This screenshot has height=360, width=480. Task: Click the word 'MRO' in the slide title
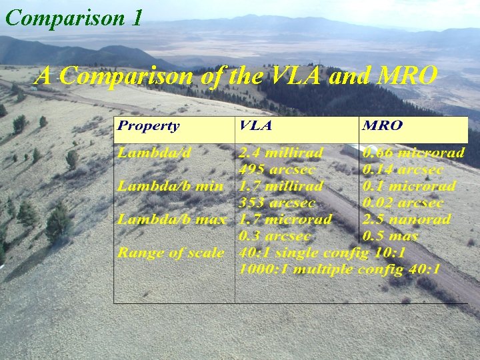coord(407,76)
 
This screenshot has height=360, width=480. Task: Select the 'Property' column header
coord(149,126)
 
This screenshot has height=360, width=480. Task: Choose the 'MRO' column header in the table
coord(383,126)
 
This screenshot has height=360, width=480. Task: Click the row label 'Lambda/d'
coord(155,153)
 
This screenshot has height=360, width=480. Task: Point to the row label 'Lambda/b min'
coord(171,186)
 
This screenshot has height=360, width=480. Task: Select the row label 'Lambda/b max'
coord(172,219)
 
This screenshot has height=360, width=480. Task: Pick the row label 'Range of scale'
coord(171,253)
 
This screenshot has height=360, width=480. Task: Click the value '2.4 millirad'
coord(282,153)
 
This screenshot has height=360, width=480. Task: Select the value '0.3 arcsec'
coord(274,236)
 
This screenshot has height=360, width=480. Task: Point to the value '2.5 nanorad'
coord(407,219)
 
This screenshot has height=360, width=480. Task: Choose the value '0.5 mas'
coord(391,236)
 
